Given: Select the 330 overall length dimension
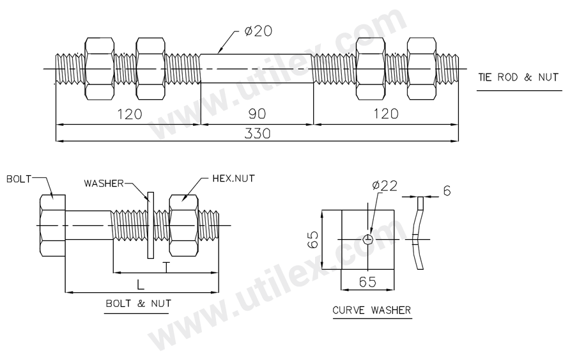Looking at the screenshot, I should coord(257,133).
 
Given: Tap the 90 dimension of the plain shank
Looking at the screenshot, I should coord(257,114).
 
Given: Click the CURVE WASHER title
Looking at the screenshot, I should coord(371,311).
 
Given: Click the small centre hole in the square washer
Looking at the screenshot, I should coord(367,239).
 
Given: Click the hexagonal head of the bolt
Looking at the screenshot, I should coord(52,225).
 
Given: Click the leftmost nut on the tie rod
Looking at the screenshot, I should coord(99,68).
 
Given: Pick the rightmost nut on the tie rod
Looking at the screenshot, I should coord(422,68).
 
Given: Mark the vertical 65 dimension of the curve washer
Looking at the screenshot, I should coord(311,240).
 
